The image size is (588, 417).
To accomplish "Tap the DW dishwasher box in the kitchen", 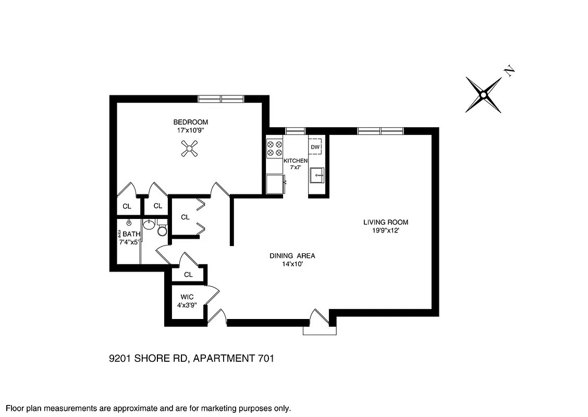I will [315, 147].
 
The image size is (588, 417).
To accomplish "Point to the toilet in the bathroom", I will [162, 229].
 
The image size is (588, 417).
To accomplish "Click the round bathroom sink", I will [149, 225].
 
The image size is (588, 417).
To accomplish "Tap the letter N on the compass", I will [509, 71].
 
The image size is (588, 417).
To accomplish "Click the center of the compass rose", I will [483, 95].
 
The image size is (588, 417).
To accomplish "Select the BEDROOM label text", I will [191, 122].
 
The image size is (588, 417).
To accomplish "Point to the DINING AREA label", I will [292, 256].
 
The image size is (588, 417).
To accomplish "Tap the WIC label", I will [187, 297].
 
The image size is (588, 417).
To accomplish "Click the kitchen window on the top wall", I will [295, 131].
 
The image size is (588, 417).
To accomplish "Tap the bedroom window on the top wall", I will [221, 99].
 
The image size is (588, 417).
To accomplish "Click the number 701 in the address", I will [264, 358].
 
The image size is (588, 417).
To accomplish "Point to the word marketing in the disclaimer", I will [208, 409].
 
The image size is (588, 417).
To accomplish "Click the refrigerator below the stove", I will [275, 185].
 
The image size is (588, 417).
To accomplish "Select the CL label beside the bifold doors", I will [185, 217].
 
